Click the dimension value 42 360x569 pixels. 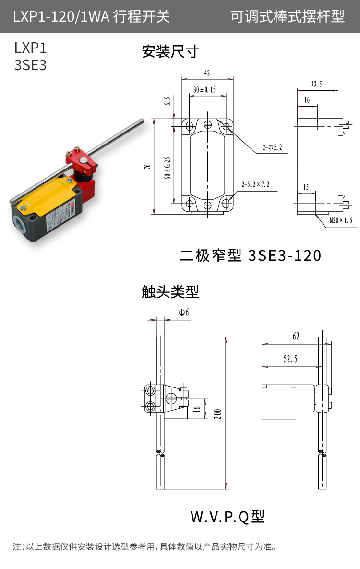point(207,73)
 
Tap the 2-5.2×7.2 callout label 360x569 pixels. point(255,184)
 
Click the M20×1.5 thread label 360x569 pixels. point(341,220)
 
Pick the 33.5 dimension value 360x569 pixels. point(316,84)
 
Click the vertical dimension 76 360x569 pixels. point(148,166)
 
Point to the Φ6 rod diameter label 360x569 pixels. point(184,313)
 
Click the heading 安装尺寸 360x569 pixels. point(170,51)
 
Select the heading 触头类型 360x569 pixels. point(170,291)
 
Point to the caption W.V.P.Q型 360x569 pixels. point(228,517)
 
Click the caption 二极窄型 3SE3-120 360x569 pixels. point(250,255)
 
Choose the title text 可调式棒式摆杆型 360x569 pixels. point(288,17)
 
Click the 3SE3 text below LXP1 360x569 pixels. point(30,65)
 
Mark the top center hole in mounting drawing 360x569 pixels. point(207,125)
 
